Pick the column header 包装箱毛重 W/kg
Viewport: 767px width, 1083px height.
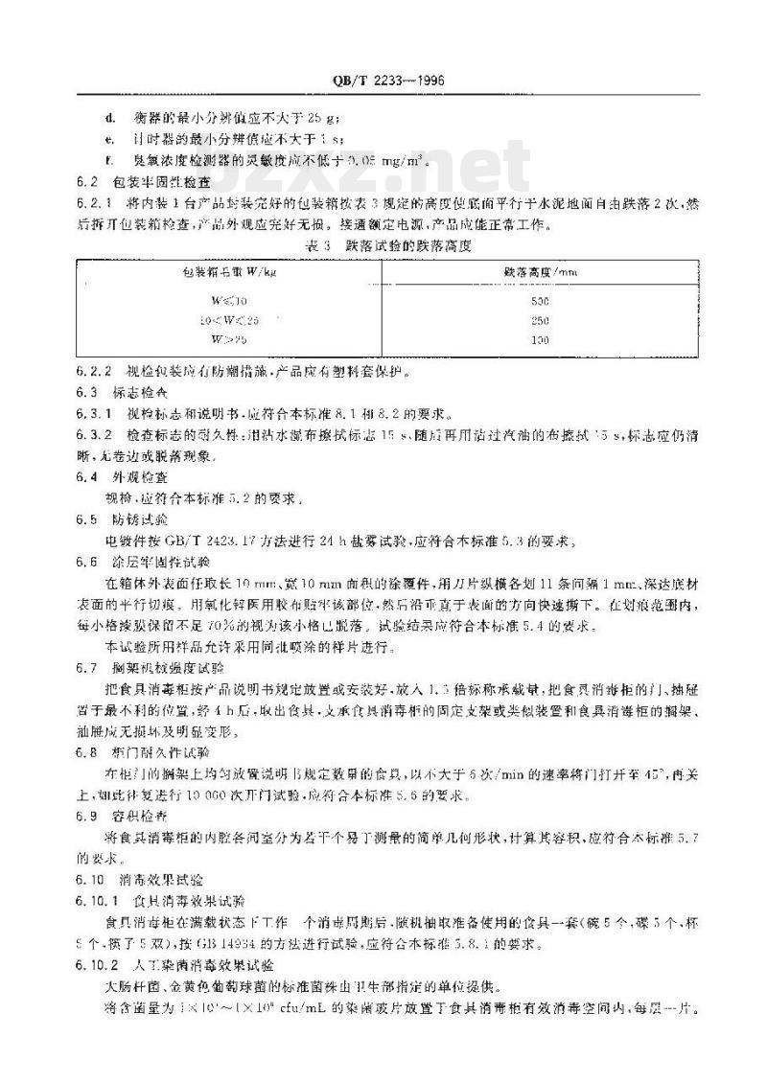tap(227, 272)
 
